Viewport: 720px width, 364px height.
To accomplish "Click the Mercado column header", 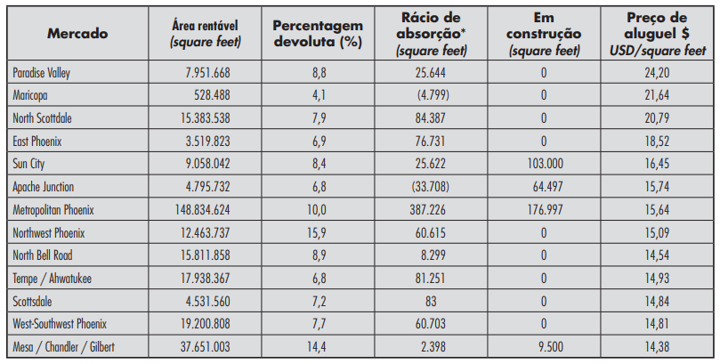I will click(78, 33).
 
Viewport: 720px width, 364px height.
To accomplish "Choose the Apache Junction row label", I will click(44, 187).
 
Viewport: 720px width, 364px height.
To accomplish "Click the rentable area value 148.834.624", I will click(191, 210).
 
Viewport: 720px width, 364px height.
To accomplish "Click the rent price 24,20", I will click(657, 72).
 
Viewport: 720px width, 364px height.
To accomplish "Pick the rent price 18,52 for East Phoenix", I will click(657, 142).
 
